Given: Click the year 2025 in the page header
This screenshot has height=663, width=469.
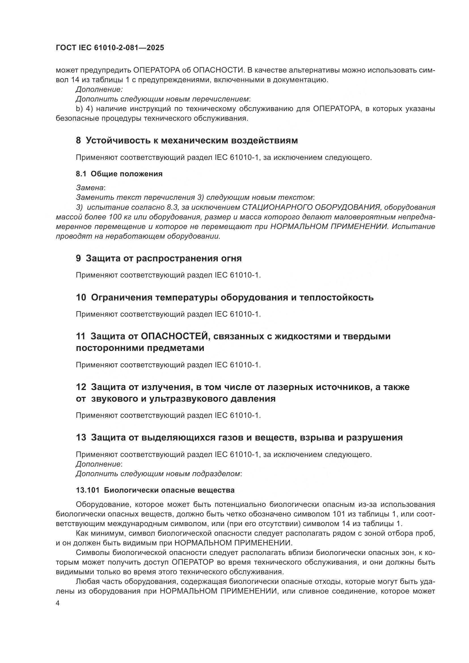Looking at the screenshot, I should pyautogui.click(x=155, y=48).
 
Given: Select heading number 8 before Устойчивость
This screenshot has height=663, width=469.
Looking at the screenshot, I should pyautogui.click(x=78, y=141).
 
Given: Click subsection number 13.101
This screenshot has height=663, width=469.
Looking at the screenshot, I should pyautogui.click(x=88, y=490).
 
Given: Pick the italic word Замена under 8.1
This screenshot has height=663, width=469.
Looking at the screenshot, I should pyautogui.click(x=90, y=188).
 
